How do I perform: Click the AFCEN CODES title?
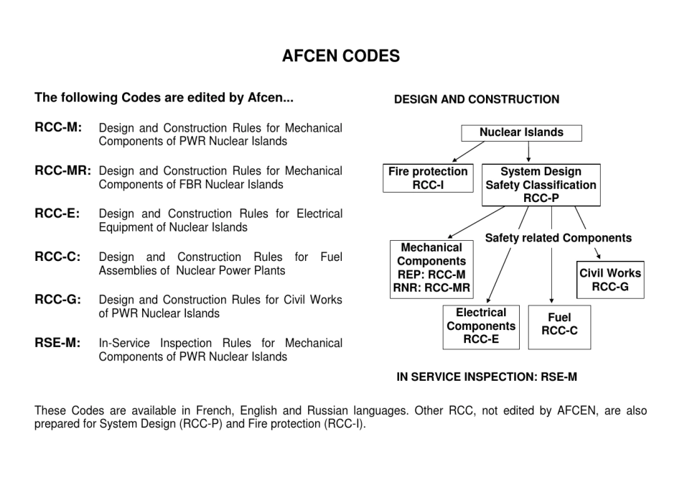coord(341,56)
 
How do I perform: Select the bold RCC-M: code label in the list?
coord(58,128)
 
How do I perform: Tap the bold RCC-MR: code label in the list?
coord(63,171)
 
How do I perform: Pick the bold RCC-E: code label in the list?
coord(57,213)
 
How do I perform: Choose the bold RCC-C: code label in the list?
coord(57,257)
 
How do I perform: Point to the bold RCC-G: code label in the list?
coord(57,299)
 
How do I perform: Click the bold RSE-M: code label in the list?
coord(57,342)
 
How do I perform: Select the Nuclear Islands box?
coord(521,133)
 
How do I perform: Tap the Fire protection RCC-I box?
coord(428,178)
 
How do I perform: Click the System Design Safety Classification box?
coord(541,185)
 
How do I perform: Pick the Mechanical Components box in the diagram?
coord(431,269)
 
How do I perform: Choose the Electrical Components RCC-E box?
coord(481,327)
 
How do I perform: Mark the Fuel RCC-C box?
coord(559,327)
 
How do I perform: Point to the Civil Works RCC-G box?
coord(610,280)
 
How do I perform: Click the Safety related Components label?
coord(559,238)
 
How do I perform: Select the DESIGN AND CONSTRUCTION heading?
coord(477,100)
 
